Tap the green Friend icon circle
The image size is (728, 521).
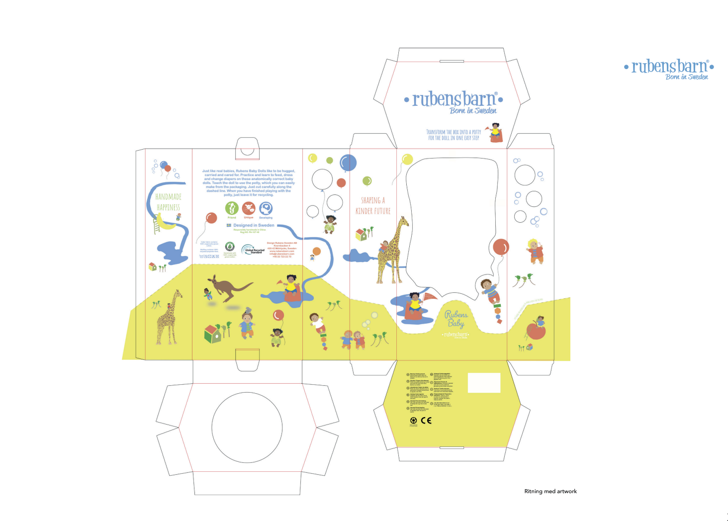[x=232, y=208]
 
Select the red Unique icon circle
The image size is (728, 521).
[x=249, y=208]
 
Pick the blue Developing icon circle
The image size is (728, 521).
[x=266, y=208]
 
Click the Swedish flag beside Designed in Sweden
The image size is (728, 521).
[x=229, y=225]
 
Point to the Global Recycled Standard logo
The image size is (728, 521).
[x=253, y=250]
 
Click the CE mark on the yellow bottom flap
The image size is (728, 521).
[x=426, y=421]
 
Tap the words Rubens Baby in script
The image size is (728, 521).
[x=456, y=319]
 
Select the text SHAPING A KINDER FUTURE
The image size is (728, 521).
[x=373, y=205]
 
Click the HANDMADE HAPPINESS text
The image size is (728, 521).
[x=169, y=202]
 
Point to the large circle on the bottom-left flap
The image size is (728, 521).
[x=247, y=428]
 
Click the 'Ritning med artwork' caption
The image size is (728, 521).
[x=550, y=491]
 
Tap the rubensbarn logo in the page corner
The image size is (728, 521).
[x=669, y=69]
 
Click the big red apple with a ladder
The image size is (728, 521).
[x=536, y=331]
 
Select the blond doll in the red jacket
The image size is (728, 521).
[x=535, y=251]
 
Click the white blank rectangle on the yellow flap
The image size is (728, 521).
[x=484, y=383]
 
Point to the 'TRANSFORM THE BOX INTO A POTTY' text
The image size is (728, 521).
[x=454, y=135]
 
